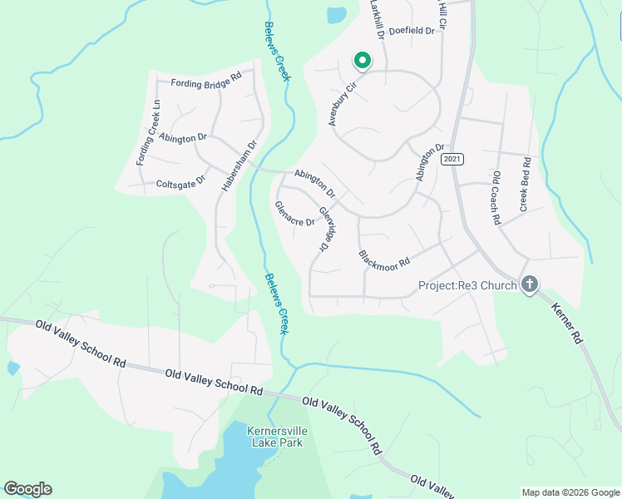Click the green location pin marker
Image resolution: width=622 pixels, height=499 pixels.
[x=362, y=61]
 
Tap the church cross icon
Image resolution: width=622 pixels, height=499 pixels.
[x=529, y=285]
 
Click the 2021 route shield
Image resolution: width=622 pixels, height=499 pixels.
[x=452, y=159]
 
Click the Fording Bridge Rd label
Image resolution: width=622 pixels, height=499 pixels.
[x=205, y=82]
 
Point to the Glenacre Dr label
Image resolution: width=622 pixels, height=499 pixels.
[x=294, y=215]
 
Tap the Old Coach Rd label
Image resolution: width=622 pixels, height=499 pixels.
[x=496, y=198]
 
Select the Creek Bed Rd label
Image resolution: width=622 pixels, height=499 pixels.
[x=525, y=183]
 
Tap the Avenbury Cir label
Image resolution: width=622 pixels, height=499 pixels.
[x=341, y=103]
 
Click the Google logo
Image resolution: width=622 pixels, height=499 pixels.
[x=27, y=489]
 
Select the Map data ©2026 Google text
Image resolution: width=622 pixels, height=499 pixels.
[x=570, y=492]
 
